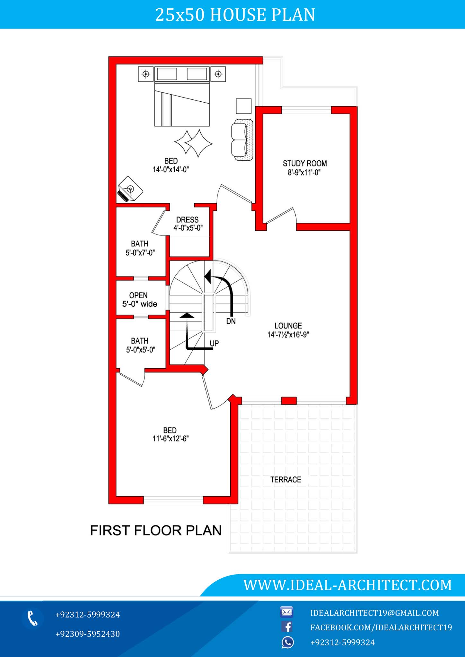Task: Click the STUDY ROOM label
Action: pos(304,164)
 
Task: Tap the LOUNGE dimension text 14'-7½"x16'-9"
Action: pos(288,335)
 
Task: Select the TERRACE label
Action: pos(285,480)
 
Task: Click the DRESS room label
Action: pos(188,220)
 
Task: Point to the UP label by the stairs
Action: pos(214,344)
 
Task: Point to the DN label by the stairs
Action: pos(231,321)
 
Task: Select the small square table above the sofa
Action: pos(243,106)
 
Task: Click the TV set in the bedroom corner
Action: pos(130,189)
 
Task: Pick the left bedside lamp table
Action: pos(146,74)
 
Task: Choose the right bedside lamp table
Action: pos(218,74)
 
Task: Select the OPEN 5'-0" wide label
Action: pos(139,300)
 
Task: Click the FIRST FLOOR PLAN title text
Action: pos(156,531)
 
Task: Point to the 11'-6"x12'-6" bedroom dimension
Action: pos(171,439)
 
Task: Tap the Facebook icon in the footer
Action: pos(287,627)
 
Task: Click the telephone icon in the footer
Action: pos(32,618)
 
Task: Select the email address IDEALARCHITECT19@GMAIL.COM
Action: pos(374,613)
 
